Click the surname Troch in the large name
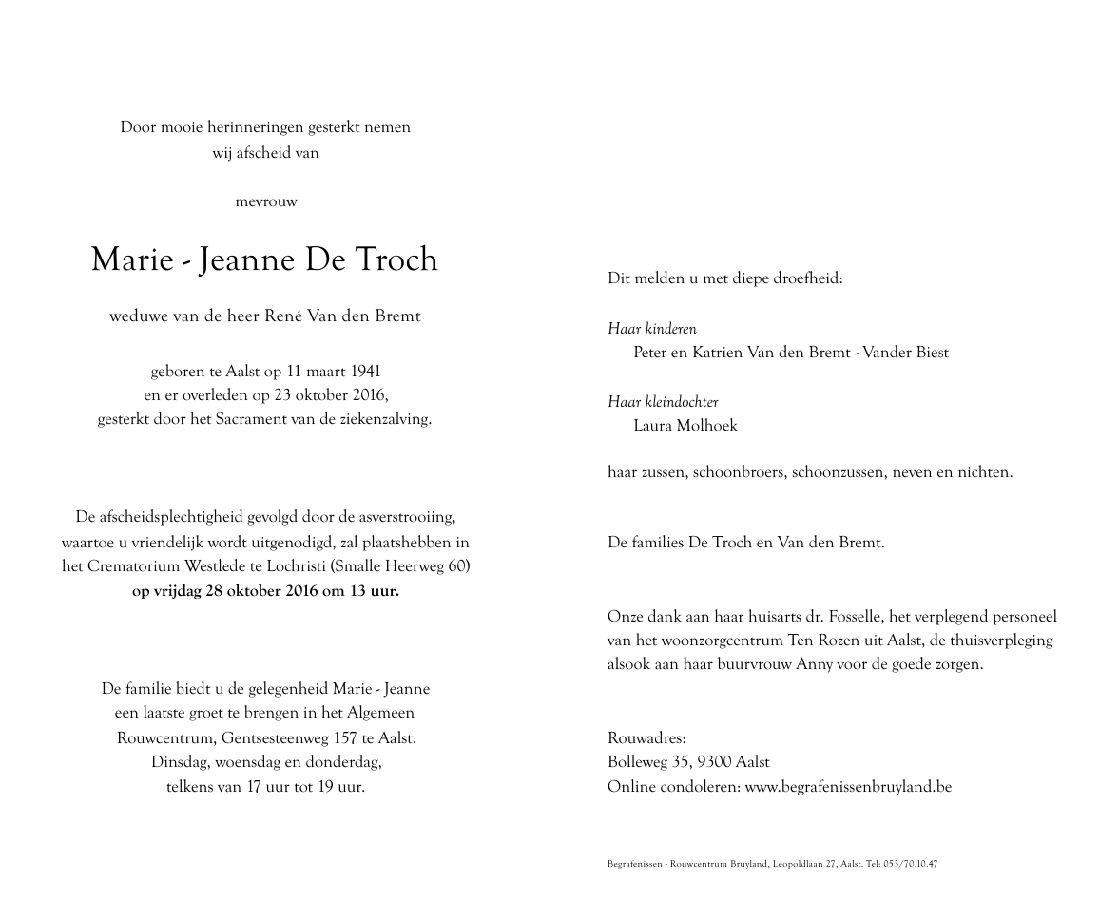pyautogui.click(x=396, y=259)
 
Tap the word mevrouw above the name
pyautogui.click(x=265, y=201)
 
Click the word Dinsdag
pyautogui.click(x=180, y=762)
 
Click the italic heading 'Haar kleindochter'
pyautogui.click(x=663, y=402)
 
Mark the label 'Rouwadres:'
pyautogui.click(x=646, y=738)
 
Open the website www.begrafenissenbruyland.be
pyautogui.click(x=848, y=787)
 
